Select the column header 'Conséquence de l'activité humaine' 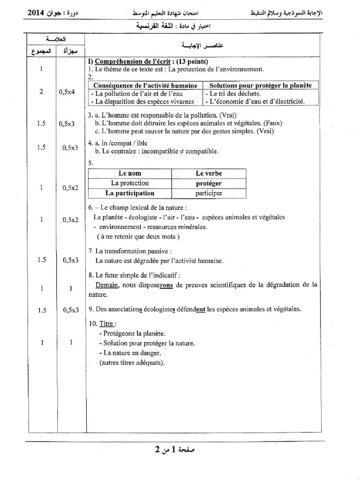(145, 85)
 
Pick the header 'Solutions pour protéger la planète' (260, 85)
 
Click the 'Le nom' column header (129, 173)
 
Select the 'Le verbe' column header (209, 173)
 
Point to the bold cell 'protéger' (209, 183)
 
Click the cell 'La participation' (129, 193)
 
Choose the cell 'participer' (209, 193)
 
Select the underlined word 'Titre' (107, 323)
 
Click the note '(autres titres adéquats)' (132, 362)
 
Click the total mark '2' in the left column (41, 92)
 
